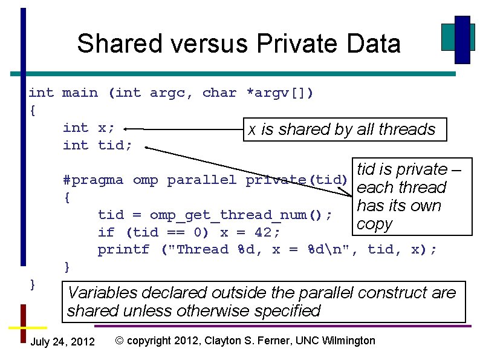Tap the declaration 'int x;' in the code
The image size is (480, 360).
(x=89, y=128)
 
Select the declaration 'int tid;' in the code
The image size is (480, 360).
(x=97, y=145)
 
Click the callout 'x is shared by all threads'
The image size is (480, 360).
(x=343, y=129)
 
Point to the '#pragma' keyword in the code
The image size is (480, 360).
(x=93, y=180)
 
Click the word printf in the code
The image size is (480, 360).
(x=123, y=249)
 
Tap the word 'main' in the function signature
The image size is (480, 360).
(x=80, y=93)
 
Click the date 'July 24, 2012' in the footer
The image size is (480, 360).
(x=62, y=342)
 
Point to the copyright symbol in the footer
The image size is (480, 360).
(x=120, y=341)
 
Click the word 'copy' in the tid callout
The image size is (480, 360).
(x=375, y=224)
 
